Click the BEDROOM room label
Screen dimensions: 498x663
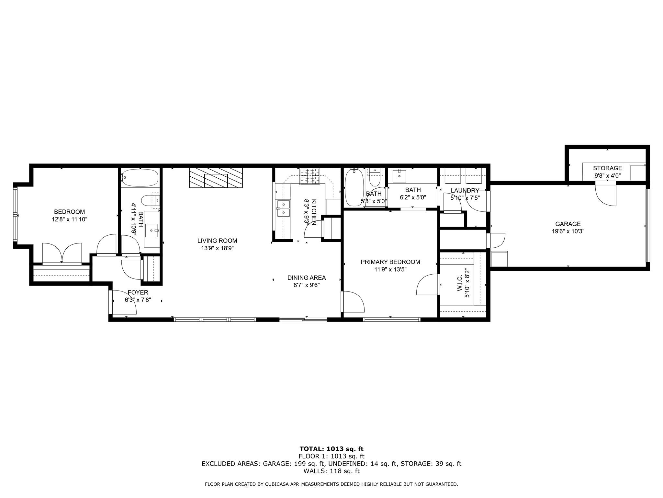click(69, 212)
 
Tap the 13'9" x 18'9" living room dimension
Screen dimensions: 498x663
click(217, 248)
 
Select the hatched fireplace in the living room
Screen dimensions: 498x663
click(216, 178)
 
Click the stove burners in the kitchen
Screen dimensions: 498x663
click(309, 176)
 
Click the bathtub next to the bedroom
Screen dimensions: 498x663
click(140, 178)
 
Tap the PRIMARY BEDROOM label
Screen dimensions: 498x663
click(390, 262)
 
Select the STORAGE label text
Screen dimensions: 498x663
click(607, 168)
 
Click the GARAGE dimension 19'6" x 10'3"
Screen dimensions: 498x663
click(568, 231)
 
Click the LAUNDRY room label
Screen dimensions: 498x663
click(465, 191)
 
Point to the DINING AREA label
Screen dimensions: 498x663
click(307, 278)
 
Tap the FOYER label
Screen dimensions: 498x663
click(138, 292)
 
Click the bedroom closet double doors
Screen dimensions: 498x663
click(62, 254)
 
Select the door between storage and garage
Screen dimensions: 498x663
click(605, 194)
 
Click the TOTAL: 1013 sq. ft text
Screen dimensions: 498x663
click(331, 449)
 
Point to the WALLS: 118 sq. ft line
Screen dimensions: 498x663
click(331, 471)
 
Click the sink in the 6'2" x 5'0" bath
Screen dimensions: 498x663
click(399, 176)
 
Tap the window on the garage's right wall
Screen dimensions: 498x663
click(647, 226)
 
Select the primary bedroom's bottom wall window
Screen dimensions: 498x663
click(391, 320)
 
